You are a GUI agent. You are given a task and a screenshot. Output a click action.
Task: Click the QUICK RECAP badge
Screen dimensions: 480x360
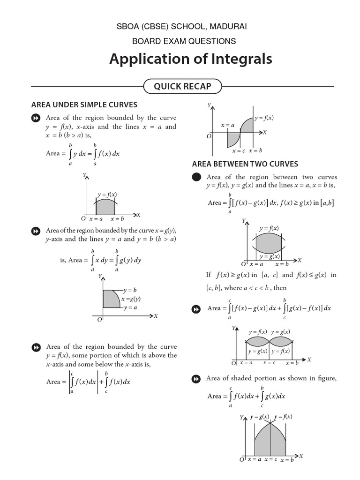pos(183,86)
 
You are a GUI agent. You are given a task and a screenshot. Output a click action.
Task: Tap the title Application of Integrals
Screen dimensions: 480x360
pos(190,60)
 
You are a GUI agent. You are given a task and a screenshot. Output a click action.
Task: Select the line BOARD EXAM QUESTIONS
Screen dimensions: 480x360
pos(184,41)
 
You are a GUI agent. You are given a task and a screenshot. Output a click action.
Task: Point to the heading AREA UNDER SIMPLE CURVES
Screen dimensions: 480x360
pos(84,105)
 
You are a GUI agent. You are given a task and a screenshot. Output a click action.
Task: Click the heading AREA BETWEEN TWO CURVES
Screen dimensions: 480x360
pos(245,164)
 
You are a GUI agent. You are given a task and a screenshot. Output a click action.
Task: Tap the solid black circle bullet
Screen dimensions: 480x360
pos(197,177)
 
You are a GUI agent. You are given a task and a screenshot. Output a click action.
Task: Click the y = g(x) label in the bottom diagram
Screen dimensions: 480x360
pos(259,416)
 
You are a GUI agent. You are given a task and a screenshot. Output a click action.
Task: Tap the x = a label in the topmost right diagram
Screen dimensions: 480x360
pos(228,125)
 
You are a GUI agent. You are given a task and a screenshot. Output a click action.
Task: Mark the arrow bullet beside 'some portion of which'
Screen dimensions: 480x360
pos(35,347)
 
